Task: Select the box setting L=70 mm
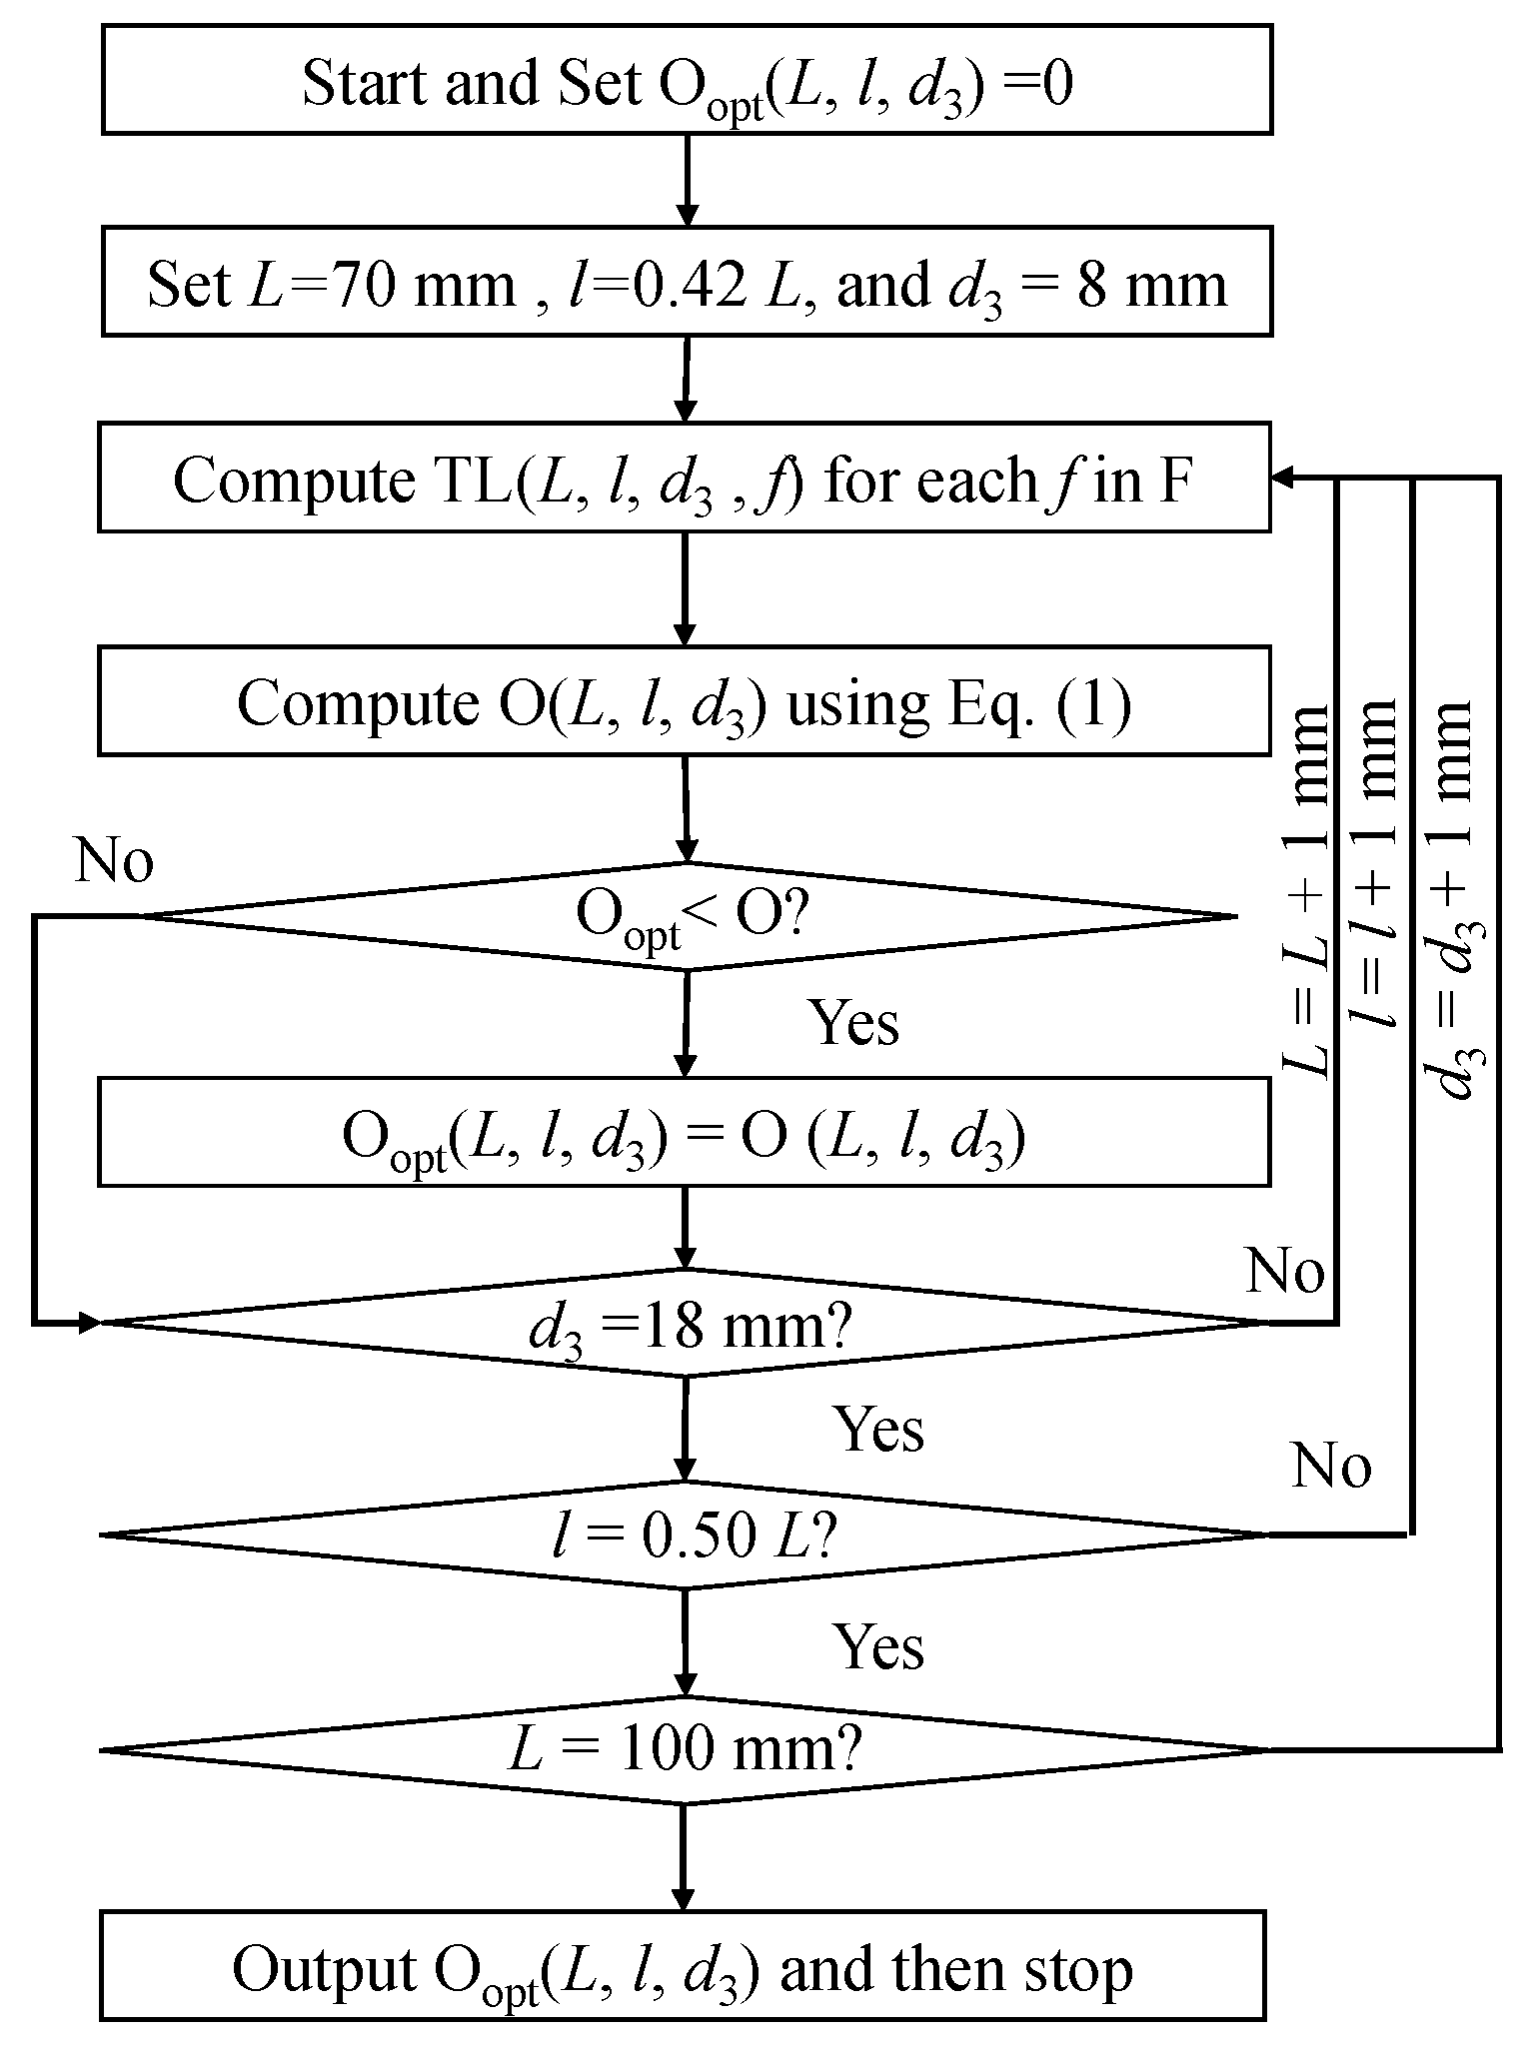(x=687, y=284)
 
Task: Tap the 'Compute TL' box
(x=684, y=478)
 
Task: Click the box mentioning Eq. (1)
(x=684, y=701)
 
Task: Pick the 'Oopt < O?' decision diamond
(x=687, y=915)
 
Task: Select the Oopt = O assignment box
(x=684, y=1133)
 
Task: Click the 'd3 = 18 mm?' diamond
(x=686, y=1323)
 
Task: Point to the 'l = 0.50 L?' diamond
(x=686, y=1535)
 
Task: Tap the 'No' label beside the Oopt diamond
(x=114, y=860)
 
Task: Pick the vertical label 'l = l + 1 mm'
(x=1370, y=865)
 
